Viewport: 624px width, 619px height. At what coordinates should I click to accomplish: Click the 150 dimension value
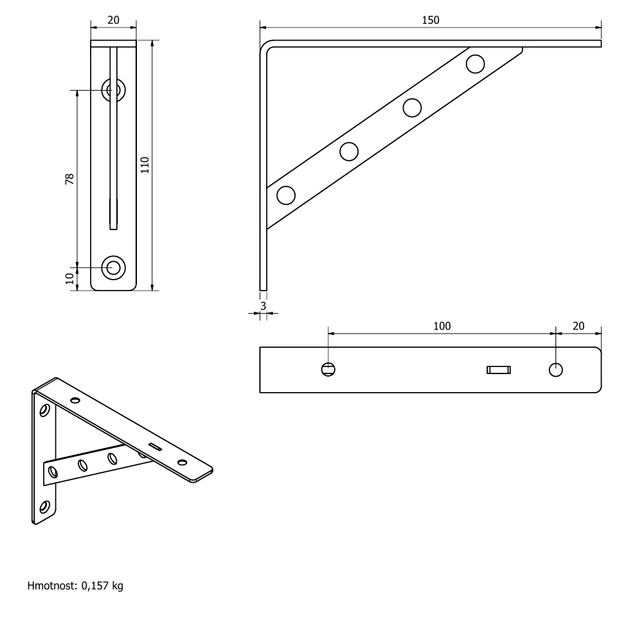click(x=430, y=21)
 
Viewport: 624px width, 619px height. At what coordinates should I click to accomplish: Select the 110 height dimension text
click(x=145, y=165)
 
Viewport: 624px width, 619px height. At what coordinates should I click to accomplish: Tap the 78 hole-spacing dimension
click(x=69, y=179)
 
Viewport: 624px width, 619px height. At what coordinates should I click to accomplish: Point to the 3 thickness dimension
click(x=263, y=306)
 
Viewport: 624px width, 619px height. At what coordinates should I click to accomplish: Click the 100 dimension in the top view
click(x=441, y=327)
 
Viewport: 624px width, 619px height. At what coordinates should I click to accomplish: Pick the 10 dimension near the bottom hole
click(x=69, y=278)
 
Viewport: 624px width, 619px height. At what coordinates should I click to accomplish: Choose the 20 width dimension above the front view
click(x=113, y=21)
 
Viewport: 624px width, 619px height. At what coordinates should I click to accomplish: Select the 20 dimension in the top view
click(x=578, y=327)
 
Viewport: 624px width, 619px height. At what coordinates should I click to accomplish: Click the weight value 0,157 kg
click(x=102, y=586)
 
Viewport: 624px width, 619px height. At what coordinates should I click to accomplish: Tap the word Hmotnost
click(x=52, y=586)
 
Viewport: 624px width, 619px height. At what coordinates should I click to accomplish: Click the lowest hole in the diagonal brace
click(x=286, y=195)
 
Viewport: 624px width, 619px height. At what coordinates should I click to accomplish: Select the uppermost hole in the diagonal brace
click(x=475, y=64)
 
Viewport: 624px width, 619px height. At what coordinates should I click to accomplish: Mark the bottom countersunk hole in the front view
click(x=113, y=268)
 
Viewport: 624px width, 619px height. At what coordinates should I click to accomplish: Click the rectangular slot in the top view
click(x=499, y=370)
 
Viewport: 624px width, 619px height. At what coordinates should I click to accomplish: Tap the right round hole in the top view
click(x=555, y=370)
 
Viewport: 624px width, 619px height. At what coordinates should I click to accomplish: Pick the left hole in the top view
click(x=328, y=370)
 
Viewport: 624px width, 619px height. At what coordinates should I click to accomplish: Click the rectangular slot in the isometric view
click(x=156, y=447)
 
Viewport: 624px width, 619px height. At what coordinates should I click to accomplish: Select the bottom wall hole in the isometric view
click(x=44, y=507)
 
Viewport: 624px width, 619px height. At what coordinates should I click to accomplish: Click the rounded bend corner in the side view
click(x=264, y=45)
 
